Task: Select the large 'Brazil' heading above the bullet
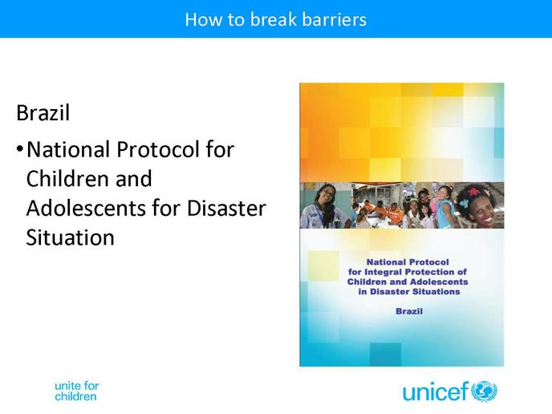(x=43, y=112)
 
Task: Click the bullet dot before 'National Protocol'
(x=20, y=149)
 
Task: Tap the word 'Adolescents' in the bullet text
(x=86, y=208)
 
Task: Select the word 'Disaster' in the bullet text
(x=226, y=208)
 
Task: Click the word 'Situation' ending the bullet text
(x=71, y=237)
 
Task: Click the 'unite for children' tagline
(x=77, y=391)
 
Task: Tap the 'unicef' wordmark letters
(x=436, y=391)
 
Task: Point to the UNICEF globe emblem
(x=484, y=392)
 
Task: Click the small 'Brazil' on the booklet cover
(x=409, y=311)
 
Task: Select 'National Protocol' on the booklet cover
(x=408, y=262)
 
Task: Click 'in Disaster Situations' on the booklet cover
(x=409, y=291)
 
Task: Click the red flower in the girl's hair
(x=473, y=192)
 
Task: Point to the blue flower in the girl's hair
(x=463, y=203)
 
